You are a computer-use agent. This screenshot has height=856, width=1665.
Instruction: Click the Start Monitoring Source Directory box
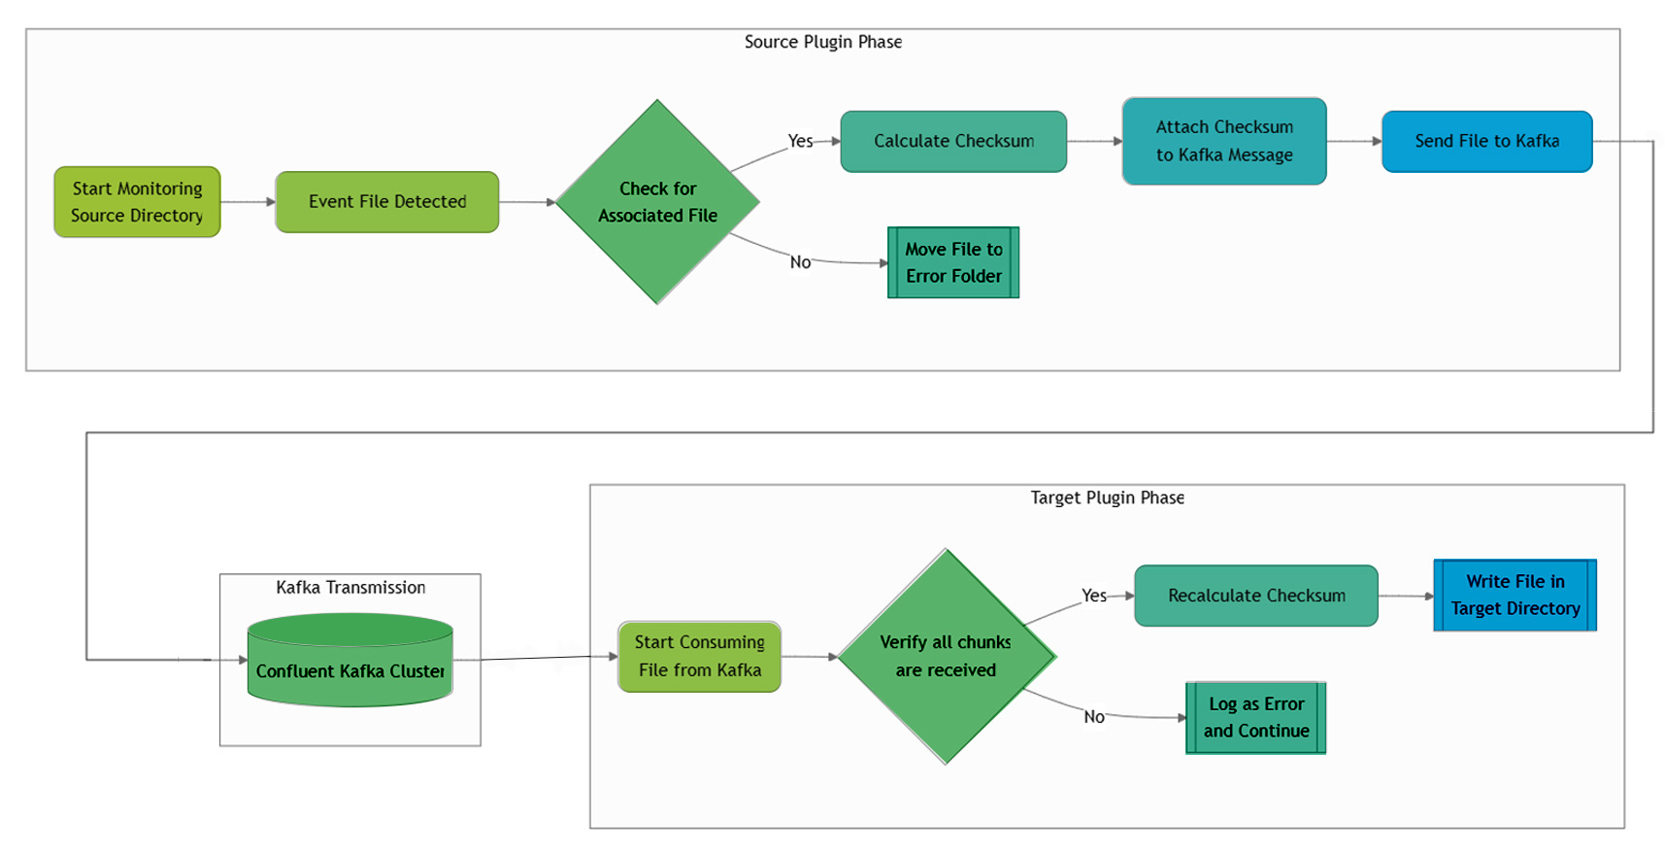point(137,202)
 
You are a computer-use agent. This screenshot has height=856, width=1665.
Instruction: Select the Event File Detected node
point(386,202)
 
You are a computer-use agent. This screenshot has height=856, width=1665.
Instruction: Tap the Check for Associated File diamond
point(657,202)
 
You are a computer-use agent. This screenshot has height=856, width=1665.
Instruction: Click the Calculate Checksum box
point(952,142)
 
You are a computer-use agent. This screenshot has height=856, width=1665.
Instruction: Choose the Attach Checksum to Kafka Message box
point(1223,142)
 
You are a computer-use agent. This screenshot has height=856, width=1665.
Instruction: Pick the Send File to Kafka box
point(1486,142)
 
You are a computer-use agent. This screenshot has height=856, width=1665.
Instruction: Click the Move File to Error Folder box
point(952,262)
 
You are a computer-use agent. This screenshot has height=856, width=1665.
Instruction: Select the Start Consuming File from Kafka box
point(699,657)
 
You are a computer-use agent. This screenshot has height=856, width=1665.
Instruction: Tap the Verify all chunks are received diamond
point(946,657)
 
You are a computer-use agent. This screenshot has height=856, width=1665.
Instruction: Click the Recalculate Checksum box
point(1255,596)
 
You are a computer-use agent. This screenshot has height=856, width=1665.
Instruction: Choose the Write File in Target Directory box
point(1515,596)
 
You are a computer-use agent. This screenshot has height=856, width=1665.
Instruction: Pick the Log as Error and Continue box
point(1255,718)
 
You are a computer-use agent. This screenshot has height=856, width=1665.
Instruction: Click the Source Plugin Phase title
point(822,42)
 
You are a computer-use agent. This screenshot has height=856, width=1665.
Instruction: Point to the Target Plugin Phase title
point(1107,497)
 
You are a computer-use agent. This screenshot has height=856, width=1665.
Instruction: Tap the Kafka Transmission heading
point(350,587)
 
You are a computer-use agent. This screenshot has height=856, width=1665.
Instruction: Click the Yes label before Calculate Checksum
point(800,141)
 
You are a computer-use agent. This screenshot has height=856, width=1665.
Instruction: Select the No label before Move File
point(800,262)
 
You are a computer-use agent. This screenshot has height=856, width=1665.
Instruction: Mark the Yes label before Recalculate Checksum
point(1094,596)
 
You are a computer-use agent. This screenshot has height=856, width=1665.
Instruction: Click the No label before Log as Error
point(1094,717)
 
